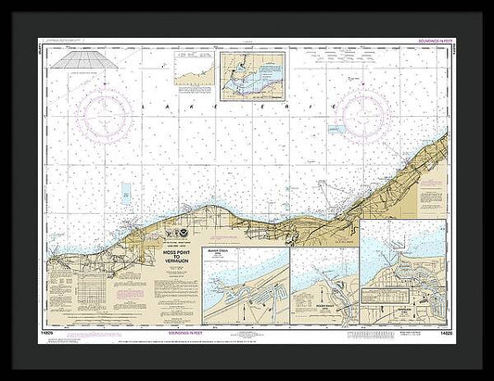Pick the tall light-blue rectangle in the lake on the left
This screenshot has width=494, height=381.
[x=125, y=194]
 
